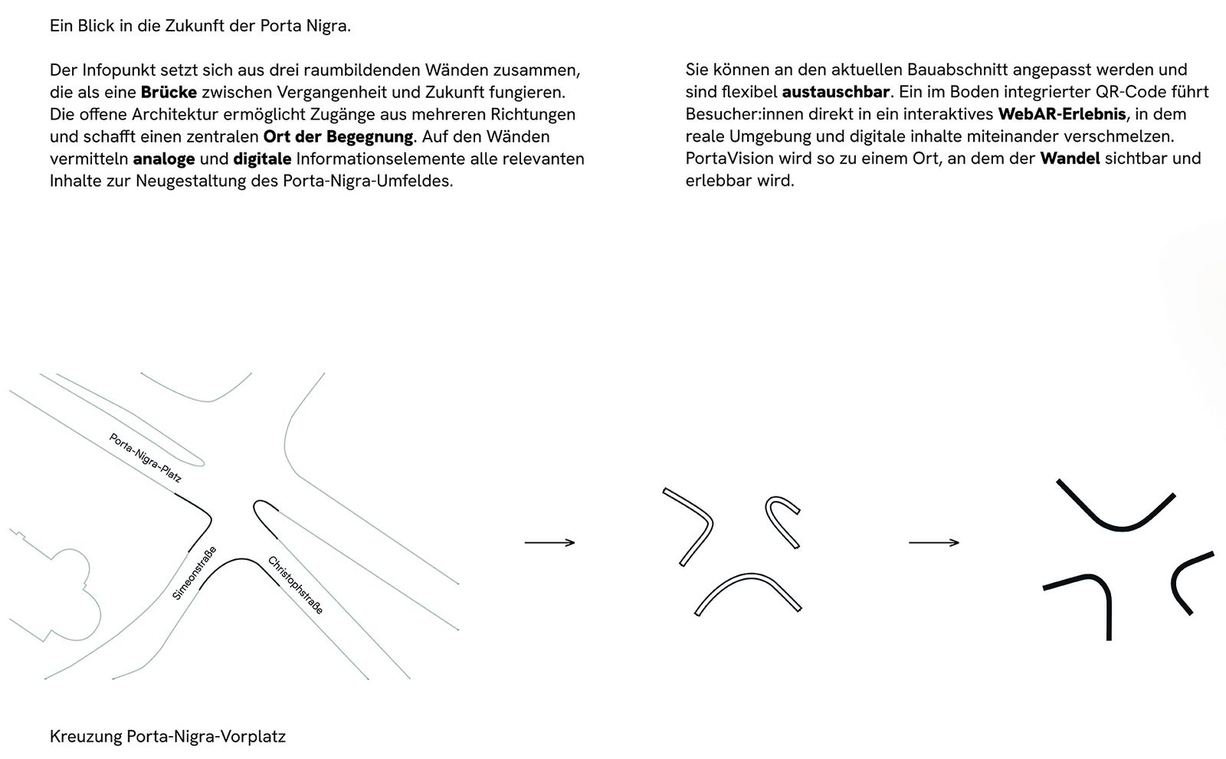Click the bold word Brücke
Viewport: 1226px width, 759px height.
click(x=168, y=93)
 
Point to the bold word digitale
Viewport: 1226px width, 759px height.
click(x=262, y=159)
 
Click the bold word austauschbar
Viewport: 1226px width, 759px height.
click(x=835, y=93)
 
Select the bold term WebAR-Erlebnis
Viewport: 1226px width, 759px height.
click(x=1061, y=115)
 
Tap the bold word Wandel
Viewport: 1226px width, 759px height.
click(x=1070, y=159)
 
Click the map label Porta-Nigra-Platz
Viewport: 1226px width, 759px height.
click(x=146, y=458)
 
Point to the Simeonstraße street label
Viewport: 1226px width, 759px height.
click(x=194, y=573)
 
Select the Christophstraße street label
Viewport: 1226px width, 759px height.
click(x=295, y=585)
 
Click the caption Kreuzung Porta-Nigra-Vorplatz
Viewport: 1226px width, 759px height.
click(x=167, y=737)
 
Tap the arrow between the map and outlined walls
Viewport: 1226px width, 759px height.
click(x=549, y=543)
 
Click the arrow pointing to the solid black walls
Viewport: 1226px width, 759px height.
click(x=933, y=543)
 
